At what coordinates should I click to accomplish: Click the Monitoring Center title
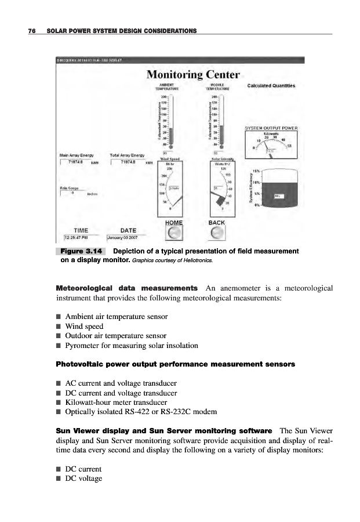(x=193, y=74)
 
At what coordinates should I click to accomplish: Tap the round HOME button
(x=174, y=233)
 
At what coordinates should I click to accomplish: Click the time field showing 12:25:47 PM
(x=76, y=237)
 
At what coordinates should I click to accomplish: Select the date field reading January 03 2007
(x=124, y=237)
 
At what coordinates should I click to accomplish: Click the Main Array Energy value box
(x=78, y=162)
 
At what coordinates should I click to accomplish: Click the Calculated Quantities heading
(x=271, y=86)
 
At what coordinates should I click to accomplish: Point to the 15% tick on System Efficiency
(x=256, y=171)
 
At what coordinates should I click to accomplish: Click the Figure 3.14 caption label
(x=81, y=251)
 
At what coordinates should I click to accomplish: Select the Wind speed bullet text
(x=84, y=327)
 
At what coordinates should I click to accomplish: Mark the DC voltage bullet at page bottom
(x=83, y=478)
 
